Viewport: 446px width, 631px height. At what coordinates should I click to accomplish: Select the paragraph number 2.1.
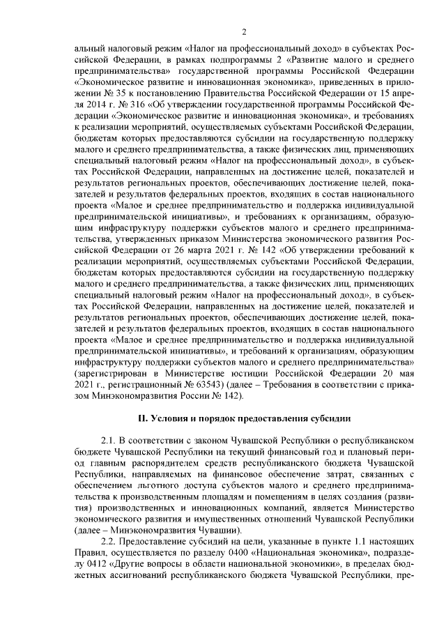pos(109,441)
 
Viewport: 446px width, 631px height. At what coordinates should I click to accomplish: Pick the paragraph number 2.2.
pos(109,542)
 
